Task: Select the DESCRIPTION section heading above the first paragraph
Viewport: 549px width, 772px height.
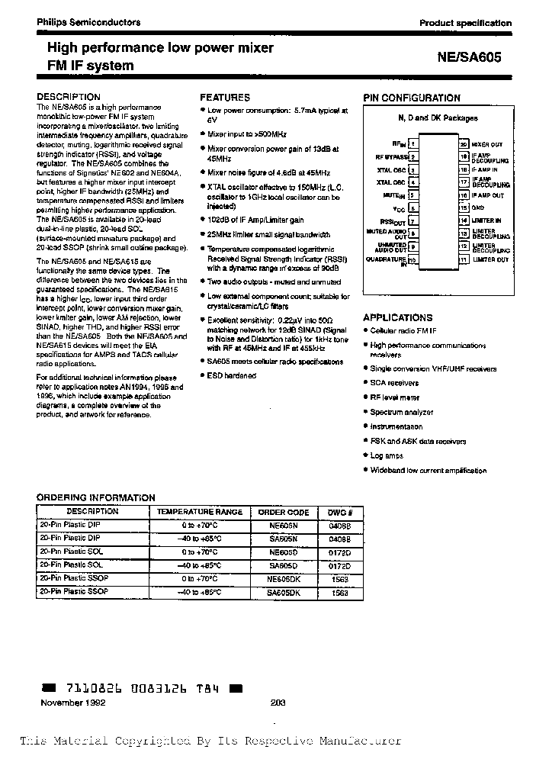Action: tap(69, 97)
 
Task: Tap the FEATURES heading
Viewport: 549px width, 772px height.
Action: tap(224, 98)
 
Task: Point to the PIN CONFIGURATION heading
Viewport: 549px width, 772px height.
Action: tap(412, 98)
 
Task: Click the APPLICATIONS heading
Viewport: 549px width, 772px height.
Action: tap(397, 317)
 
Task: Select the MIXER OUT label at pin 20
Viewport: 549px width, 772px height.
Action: tap(486, 143)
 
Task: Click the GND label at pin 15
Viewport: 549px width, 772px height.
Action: tap(478, 207)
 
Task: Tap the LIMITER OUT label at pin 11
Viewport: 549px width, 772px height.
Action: tap(490, 260)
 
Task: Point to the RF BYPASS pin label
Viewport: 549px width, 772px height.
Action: tap(390, 156)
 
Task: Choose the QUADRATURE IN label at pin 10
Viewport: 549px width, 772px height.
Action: tap(387, 260)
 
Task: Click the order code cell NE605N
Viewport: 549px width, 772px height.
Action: tap(283, 526)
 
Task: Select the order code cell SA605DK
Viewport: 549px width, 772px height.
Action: tap(283, 592)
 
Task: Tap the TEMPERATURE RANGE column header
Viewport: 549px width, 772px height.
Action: tap(200, 512)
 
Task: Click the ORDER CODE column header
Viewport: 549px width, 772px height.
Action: tap(283, 512)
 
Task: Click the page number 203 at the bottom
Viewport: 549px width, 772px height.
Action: tap(278, 703)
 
